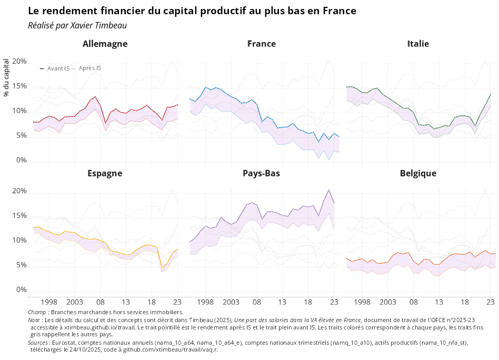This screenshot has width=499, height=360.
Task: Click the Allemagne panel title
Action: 105,44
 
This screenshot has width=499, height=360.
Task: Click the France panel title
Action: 262,44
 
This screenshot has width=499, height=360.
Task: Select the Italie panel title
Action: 418,44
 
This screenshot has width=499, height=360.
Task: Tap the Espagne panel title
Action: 105,173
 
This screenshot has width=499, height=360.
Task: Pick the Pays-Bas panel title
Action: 262,173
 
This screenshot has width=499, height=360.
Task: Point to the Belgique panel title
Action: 418,173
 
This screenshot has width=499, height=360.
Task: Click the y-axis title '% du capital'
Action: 6,77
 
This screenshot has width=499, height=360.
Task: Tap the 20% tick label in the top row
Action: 19,62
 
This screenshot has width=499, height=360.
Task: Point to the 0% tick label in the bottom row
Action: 22,290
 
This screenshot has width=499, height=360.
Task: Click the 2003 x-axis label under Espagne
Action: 74,302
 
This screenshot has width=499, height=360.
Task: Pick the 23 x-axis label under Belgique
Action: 490,302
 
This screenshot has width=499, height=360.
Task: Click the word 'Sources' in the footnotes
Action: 38,343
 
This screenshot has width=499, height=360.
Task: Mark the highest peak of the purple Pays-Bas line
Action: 329,189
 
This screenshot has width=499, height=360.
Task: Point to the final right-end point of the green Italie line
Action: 491,94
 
